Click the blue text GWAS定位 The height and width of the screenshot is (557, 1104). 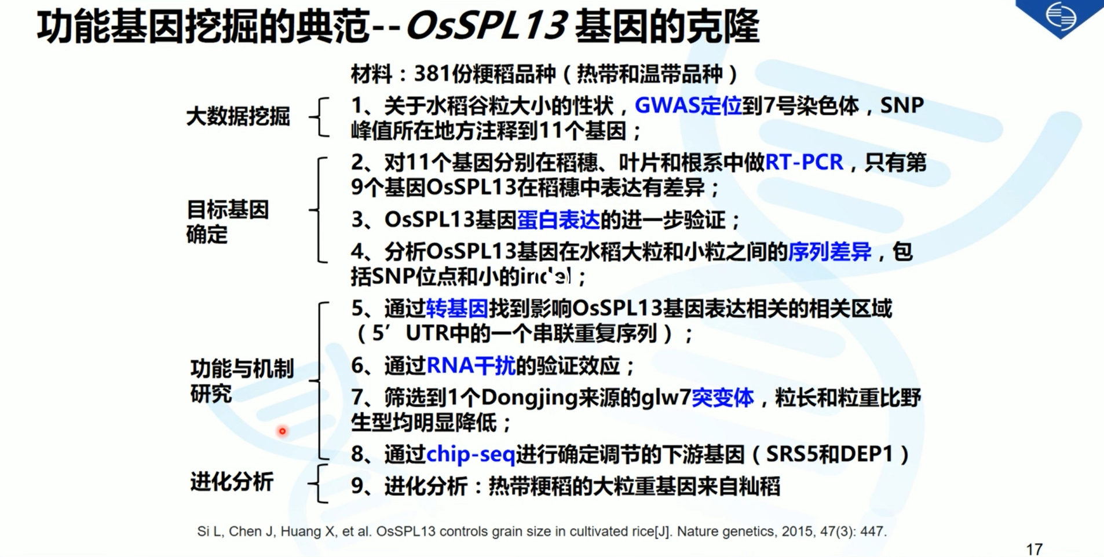tap(688, 106)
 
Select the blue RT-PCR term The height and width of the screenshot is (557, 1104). tap(804, 163)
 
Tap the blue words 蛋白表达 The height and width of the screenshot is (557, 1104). tap(558, 220)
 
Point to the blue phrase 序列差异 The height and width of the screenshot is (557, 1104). tap(829, 252)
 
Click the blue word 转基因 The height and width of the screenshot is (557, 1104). tap(457, 309)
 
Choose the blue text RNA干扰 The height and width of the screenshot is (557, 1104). tap(470, 366)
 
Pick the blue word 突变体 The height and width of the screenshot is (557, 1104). tap(722, 398)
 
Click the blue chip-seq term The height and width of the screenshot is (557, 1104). tap(470, 455)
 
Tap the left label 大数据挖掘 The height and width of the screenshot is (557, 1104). tap(237, 117)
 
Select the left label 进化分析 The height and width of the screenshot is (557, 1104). tap(232, 482)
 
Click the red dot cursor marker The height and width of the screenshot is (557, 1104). tap(283, 431)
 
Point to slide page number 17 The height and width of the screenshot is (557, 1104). tap(1034, 548)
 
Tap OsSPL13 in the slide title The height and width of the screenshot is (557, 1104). tap(487, 27)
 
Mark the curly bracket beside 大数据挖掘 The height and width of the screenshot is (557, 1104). tap(320, 117)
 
